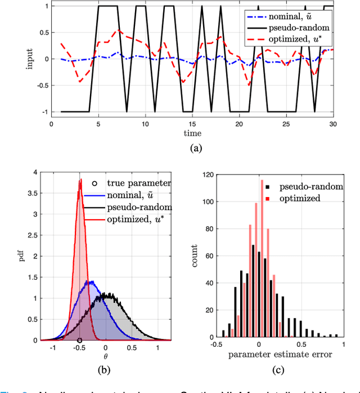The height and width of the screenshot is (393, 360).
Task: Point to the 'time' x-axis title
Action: pyautogui.click(x=192, y=134)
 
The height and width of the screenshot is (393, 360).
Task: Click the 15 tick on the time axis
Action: pyautogui.click(x=192, y=124)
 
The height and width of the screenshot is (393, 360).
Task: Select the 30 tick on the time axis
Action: pyautogui.click(x=333, y=124)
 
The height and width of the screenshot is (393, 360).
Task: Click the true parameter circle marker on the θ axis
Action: pyautogui.click(x=79, y=341)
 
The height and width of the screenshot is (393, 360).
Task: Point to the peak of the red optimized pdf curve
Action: pyautogui.click(x=80, y=180)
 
